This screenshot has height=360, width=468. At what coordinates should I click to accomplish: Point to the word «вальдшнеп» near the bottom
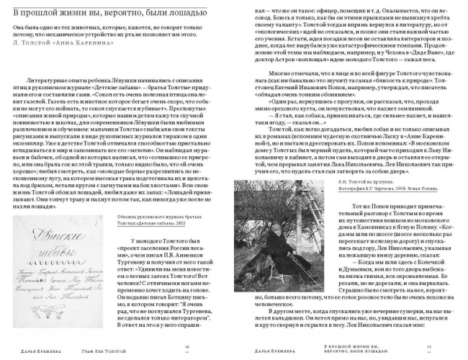click(270, 317)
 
